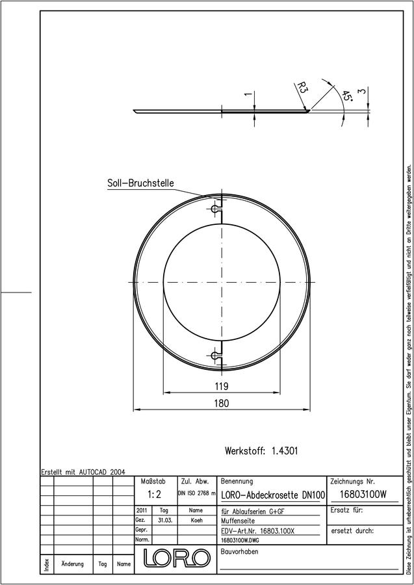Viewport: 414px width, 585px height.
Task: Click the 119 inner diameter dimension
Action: (222, 386)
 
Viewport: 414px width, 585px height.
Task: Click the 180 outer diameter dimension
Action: (222, 403)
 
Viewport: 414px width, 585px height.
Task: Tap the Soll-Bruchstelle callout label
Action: (140, 183)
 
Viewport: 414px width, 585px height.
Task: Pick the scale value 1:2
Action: (154, 495)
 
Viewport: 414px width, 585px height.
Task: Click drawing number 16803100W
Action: (364, 495)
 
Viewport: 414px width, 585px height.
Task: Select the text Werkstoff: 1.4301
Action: (261, 450)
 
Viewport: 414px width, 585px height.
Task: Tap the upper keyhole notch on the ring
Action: (215, 209)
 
